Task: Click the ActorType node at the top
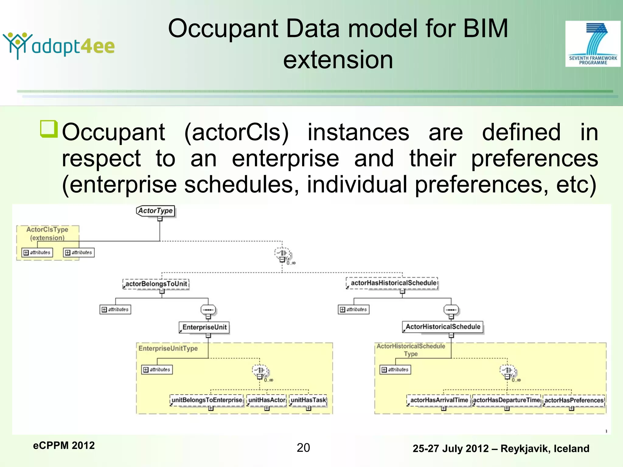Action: [155, 211]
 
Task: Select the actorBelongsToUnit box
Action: [156, 284]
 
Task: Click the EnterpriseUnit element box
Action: [204, 327]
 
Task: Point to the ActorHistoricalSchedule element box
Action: [443, 327]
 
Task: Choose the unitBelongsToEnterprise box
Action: [207, 400]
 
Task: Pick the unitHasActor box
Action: [267, 400]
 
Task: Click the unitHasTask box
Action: [308, 400]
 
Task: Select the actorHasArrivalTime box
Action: [439, 400]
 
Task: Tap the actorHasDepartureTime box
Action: [506, 400]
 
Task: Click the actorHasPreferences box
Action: [574, 400]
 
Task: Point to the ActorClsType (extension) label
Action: [47, 233]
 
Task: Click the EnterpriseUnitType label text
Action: [168, 348]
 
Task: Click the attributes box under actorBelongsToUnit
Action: [115, 310]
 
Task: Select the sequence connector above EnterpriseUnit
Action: [208, 310]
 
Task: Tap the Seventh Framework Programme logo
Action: [593, 44]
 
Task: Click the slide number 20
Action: [303, 448]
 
